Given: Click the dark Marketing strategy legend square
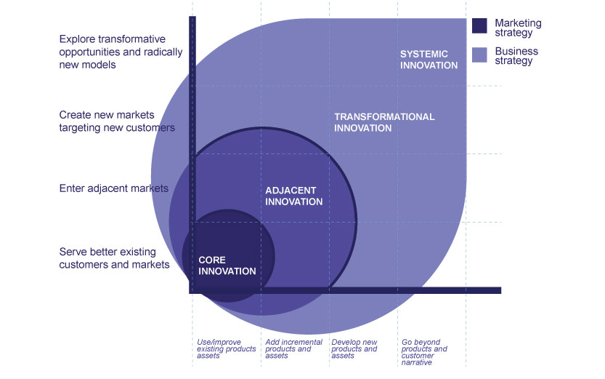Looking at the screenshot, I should click(479, 26).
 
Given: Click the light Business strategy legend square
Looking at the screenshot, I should click(479, 55).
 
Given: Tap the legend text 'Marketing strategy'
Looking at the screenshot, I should click(518, 28).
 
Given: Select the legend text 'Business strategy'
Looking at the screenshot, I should click(516, 56).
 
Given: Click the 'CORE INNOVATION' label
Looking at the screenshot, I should click(227, 266).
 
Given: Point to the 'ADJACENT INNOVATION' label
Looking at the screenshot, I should click(293, 196).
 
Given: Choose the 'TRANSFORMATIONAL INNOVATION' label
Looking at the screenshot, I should click(384, 122).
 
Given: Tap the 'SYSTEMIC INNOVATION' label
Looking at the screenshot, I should click(429, 60).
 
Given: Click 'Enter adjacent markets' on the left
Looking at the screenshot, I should click(113, 188).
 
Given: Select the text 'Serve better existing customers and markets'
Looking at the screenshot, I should click(114, 258).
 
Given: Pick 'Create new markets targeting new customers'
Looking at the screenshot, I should click(117, 121).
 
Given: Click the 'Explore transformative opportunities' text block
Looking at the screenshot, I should click(113, 52).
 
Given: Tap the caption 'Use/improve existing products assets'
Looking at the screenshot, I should click(227, 348).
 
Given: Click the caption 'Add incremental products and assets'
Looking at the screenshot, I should click(288, 348).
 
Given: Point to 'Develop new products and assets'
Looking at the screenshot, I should click(354, 348).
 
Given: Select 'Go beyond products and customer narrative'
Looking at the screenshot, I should click(425, 351).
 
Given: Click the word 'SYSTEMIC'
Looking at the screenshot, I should click(424, 54).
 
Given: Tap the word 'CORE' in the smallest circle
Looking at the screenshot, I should click(212, 260).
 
